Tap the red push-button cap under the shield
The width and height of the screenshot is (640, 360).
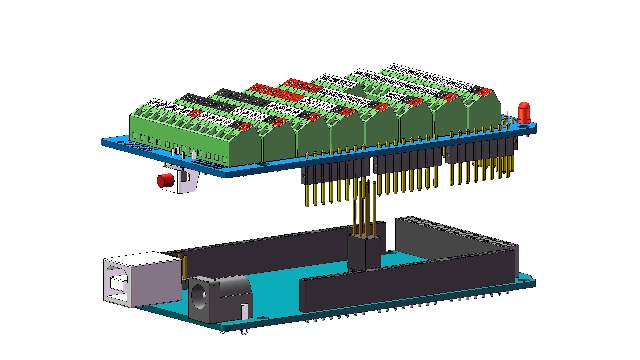[164, 181]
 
